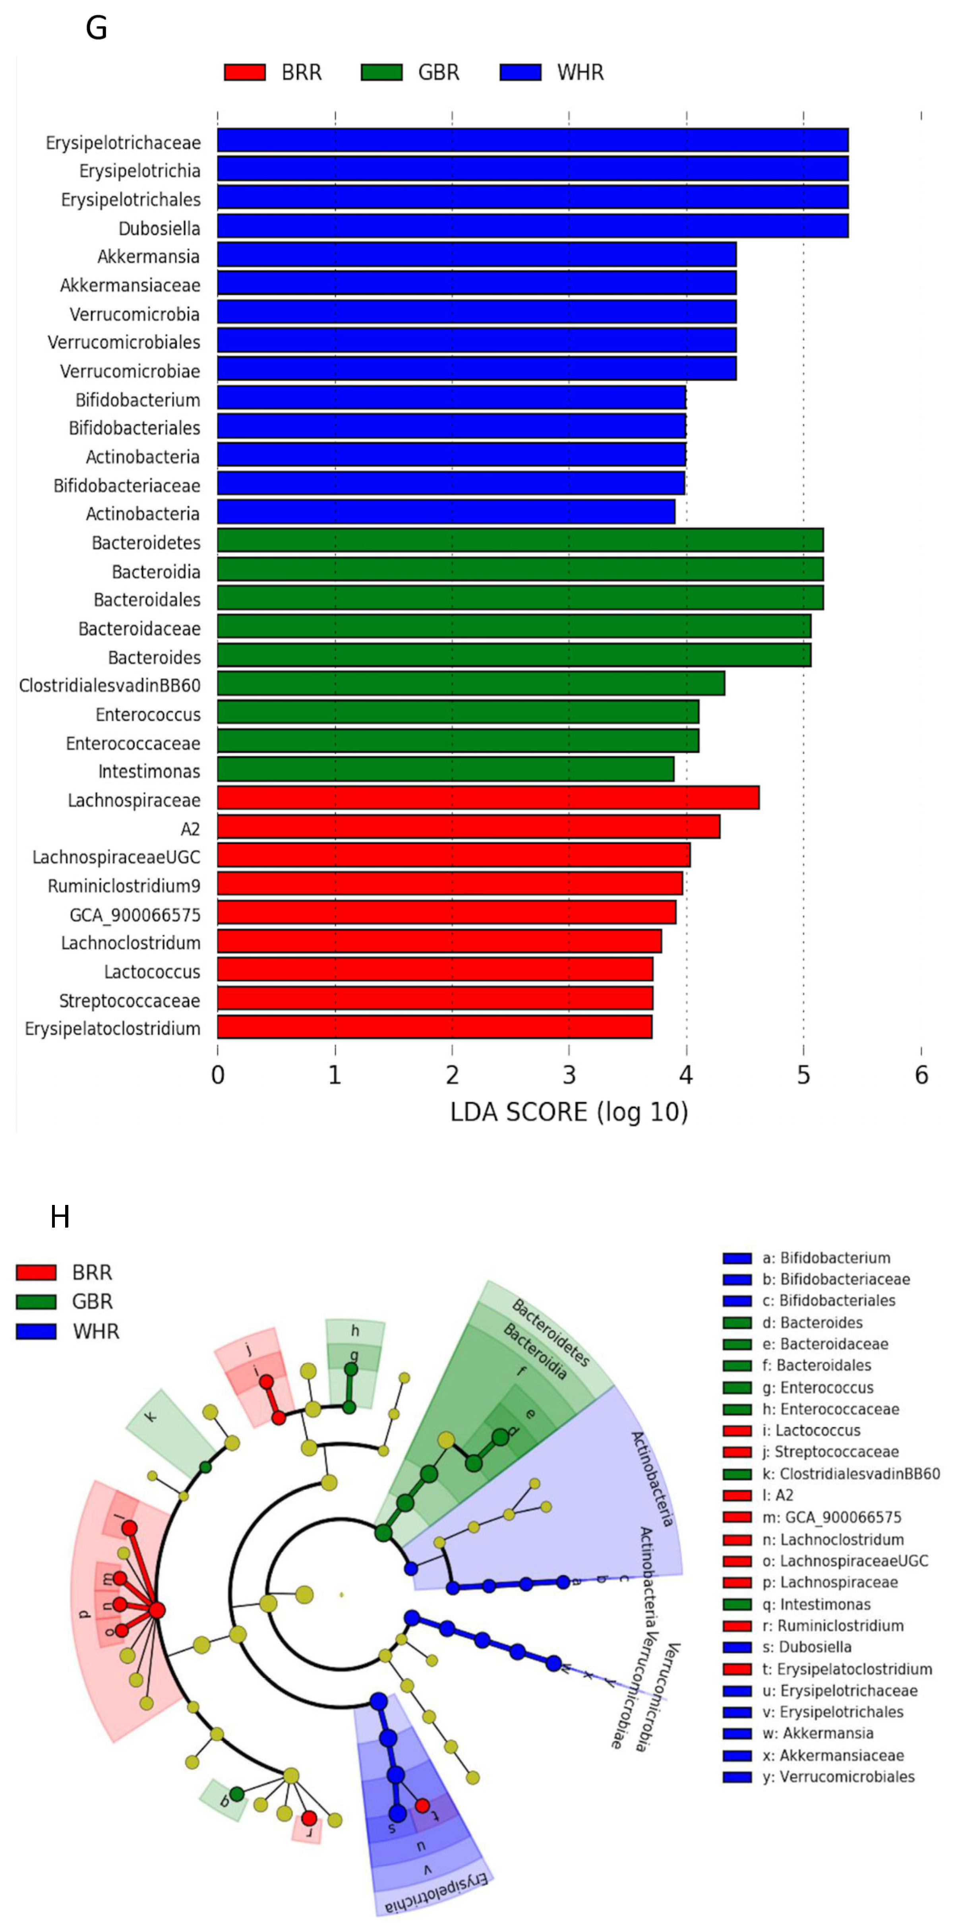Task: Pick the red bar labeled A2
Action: point(468,827)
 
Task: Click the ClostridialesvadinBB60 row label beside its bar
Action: point(110,685)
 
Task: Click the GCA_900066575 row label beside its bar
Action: point(135,914)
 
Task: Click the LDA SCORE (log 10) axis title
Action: point(569,1112)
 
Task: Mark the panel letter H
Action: point(60,1217)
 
